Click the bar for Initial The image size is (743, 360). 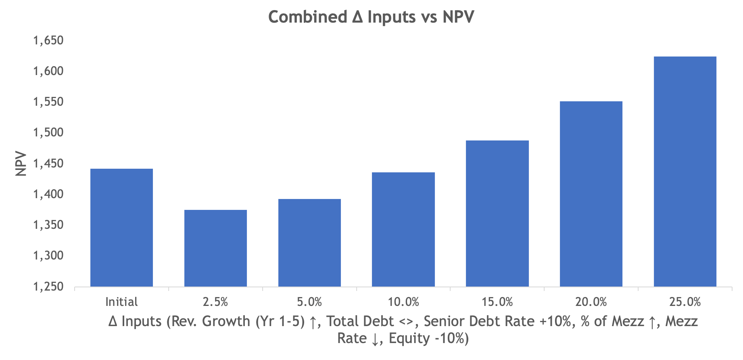click(x=121, y=228)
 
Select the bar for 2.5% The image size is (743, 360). click(x=215, y=248)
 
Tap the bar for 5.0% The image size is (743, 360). click(x=309, y=243)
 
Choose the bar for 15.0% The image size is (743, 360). click(x=497, y=213)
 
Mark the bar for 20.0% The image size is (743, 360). click(x=591, y=194)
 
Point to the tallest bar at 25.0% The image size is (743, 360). click(x=685, y=172)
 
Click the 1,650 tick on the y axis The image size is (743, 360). click(x=48, y=40)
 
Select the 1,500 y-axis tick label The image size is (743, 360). click(x=48, y=132)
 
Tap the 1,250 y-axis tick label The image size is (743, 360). click(x=48, y=287)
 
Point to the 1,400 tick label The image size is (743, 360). click(x=48, y=194)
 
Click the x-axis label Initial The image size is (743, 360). click(x=121, y=302)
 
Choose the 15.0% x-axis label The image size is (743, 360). click(x=497, y=302)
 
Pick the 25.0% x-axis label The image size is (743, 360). click(x=685, y=302)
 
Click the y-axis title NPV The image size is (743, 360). click(x=21, y=163)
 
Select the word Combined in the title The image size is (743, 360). click(x=307, y=17)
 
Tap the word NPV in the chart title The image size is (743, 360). click(x=458, y=17)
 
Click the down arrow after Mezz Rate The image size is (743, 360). click(x=375, y=339)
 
